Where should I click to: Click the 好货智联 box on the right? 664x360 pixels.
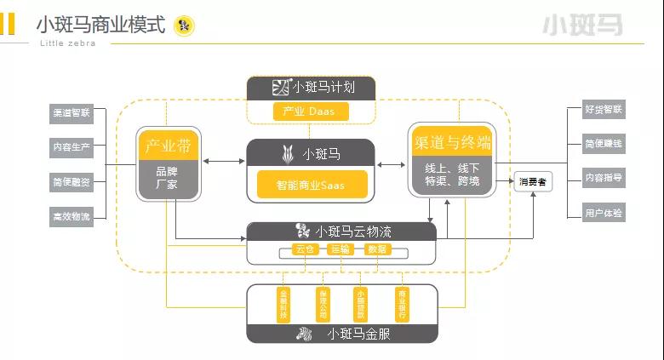(604, 110)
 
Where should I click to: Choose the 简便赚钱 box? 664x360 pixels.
(604, 144)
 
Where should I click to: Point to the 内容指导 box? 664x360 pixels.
(604, 178)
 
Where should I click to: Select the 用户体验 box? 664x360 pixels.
(604, 212)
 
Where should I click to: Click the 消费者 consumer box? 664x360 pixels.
(532, 180)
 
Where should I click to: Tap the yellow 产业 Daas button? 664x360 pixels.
(311, 111)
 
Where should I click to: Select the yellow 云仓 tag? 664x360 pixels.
(304, 249)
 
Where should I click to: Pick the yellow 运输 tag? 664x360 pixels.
(341, 249)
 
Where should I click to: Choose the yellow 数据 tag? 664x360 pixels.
(377, 249)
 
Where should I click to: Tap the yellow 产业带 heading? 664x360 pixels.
(169, 146)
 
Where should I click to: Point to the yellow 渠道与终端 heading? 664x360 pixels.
(452, 141)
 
